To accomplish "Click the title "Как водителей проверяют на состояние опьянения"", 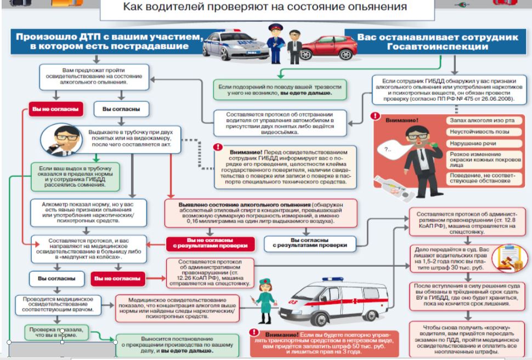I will pos(264,7).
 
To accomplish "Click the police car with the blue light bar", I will pos(233,44).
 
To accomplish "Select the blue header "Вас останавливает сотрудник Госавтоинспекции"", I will pos(436,41).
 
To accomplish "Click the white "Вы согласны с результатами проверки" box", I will pos(311,243).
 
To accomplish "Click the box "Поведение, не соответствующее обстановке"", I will pos(479,178).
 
